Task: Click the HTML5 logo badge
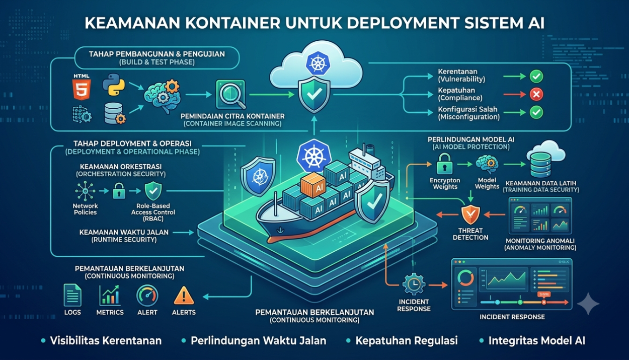coord(82,89)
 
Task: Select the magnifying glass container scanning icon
coord(231,95)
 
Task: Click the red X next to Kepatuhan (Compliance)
coord(536,95)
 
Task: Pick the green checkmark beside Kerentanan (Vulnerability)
coord(536,76)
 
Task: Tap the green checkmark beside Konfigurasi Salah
coord(536,112)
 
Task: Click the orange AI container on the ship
coord(313,184)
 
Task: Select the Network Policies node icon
coord(85,191)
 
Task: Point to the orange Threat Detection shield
coord(470,214)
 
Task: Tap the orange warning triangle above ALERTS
coord(184,296)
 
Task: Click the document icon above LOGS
coord(72,295)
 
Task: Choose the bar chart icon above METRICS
coord(110,295)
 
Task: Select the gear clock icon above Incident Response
coord(414,284)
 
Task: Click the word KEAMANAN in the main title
coord(132,23)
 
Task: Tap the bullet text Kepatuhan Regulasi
coord(406,340)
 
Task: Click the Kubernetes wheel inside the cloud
coord(318,63)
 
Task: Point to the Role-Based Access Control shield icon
coord(153,191)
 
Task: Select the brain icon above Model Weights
coord(487,165)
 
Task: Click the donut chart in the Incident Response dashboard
coord(465,278)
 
